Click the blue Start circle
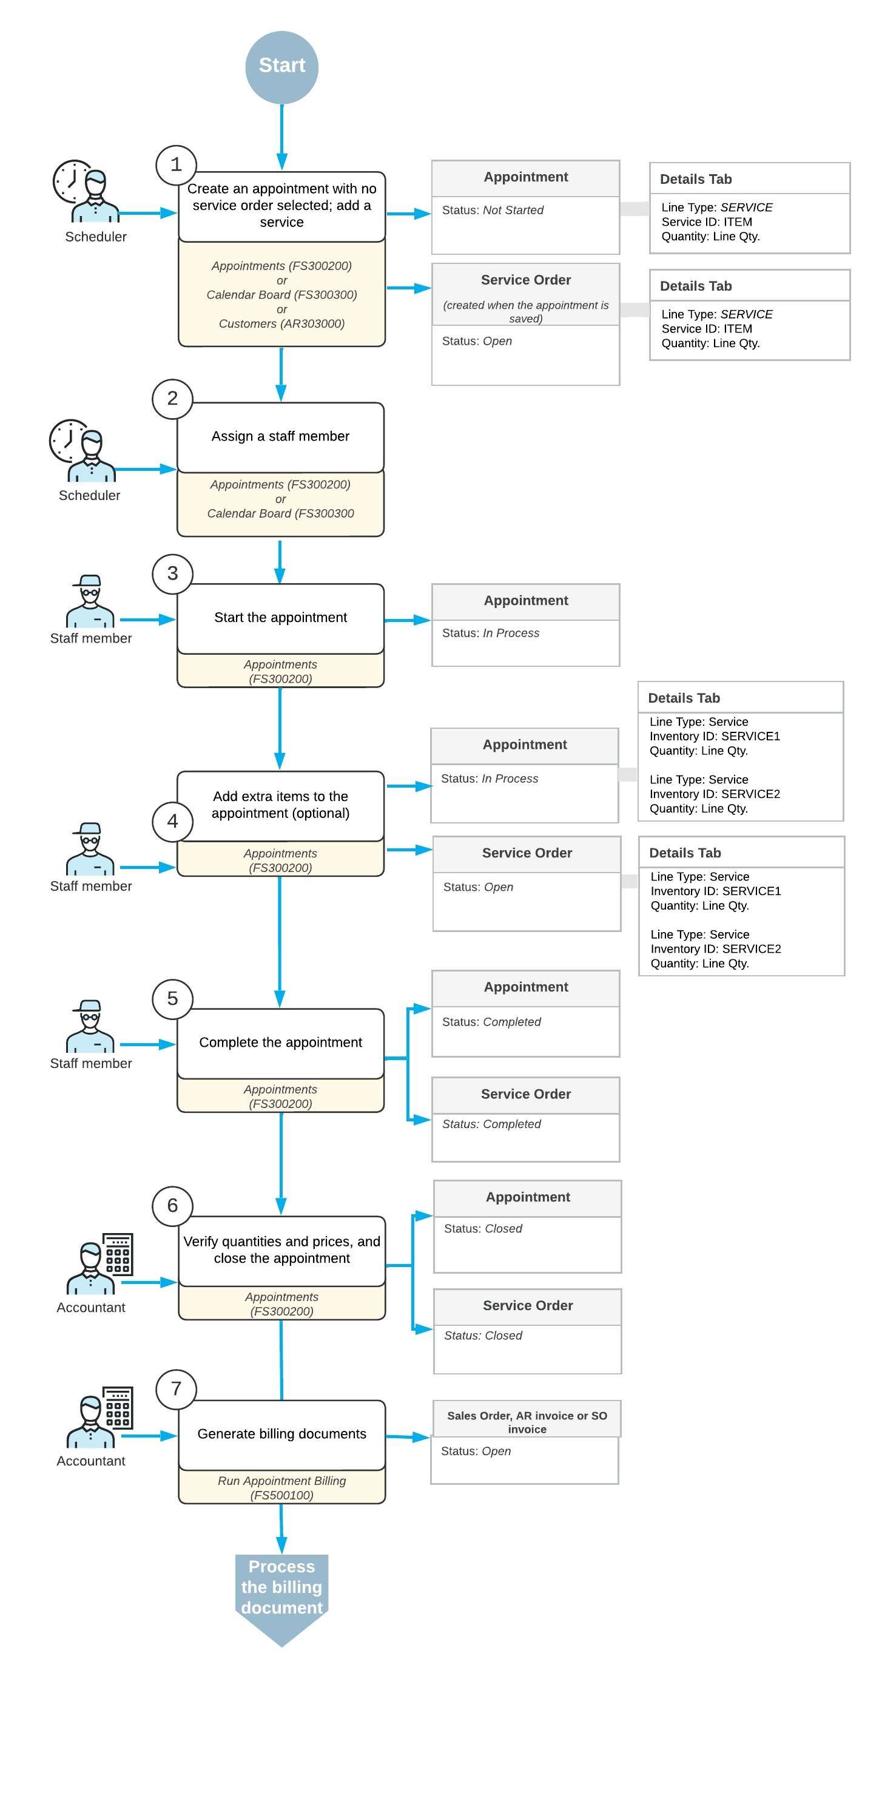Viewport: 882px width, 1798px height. coord(281,67)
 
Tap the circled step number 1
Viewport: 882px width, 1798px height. coord(176,164)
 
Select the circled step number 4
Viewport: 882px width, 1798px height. coord(172,821)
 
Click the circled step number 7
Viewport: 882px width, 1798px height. coord(176,1388)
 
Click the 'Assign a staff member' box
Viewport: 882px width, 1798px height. coord(280,436)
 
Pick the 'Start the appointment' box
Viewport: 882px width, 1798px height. coord(280,618)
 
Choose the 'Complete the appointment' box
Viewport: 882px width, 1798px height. coord(280,1042)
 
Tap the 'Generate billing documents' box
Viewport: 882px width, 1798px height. coord(281,1434)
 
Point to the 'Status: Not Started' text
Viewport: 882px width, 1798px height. coord(492,210)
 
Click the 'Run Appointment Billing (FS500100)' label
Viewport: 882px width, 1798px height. coord(281,1487)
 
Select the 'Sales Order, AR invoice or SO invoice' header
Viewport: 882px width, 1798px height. coord(527,1421)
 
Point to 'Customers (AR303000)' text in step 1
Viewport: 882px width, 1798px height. coord(281,324)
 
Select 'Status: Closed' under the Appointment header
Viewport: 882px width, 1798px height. coord(483,1228)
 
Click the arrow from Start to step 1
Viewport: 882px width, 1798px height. coord(281,136)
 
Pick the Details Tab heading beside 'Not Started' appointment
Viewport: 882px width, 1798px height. coord(695,180)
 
